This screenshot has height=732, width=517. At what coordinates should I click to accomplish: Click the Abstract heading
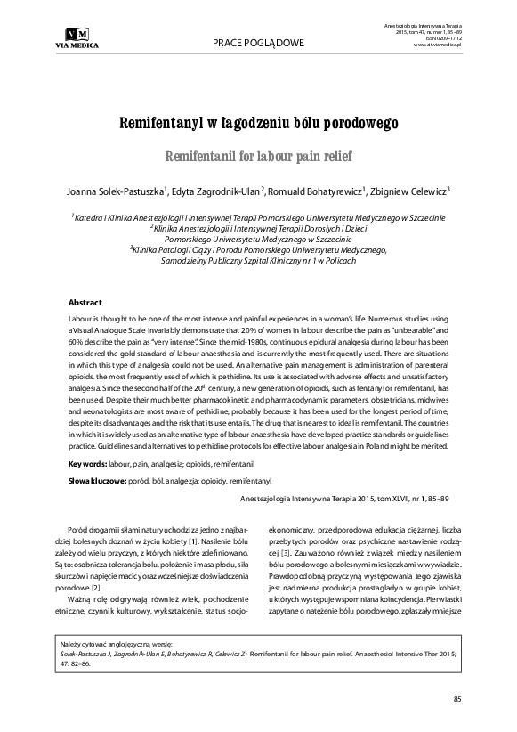(x=85, y=303)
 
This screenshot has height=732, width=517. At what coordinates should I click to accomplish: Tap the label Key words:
(x=89, y=465)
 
